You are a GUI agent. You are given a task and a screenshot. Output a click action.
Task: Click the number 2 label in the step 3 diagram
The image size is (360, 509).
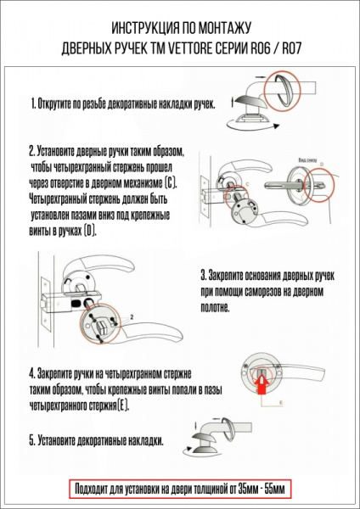(x=132, y=316)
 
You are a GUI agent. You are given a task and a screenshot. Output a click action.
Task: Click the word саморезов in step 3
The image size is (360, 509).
(x=270, y=294)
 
